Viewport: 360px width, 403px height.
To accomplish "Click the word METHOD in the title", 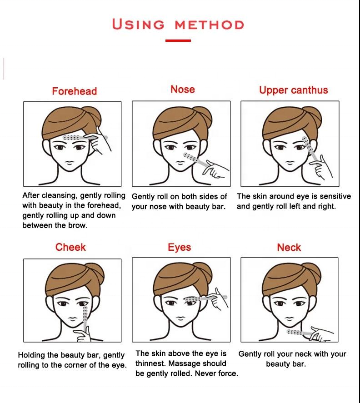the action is click(x=209, y=25).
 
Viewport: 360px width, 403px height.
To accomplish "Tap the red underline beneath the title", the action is click(x=178, y=40).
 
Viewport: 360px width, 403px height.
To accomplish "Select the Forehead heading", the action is click(x=74, y=91).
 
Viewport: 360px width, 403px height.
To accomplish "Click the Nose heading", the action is click(x=183, y=90).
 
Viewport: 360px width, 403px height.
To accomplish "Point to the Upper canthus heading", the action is click(x=293, y=90).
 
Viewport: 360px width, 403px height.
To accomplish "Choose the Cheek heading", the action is click(x=70, y=247).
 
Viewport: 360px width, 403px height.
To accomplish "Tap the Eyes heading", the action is click(x=179, y=248).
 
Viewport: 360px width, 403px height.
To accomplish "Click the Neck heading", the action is click(x=289, y=248).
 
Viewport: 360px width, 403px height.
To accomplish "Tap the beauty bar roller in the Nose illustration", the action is click(x=193, y=159).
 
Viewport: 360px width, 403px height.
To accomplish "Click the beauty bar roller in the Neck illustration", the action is click(x=300, y=333).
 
